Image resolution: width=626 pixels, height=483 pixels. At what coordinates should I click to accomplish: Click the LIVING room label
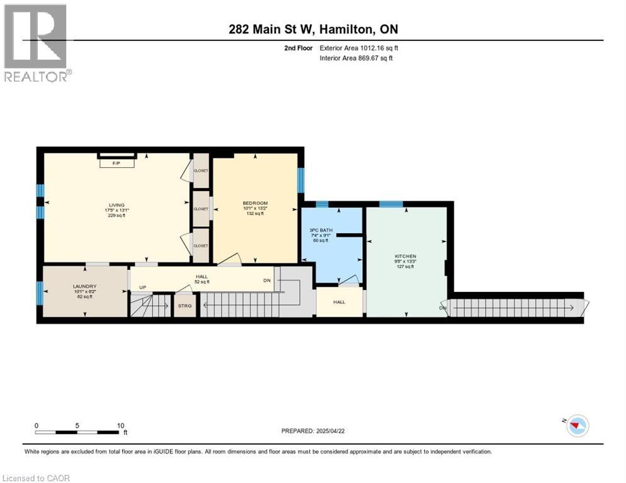click(x=117, y=205)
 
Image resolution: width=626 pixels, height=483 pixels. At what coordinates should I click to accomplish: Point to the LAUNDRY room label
click(x=84, y=286)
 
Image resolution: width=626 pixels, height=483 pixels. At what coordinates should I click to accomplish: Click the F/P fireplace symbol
click(x=116, y=163)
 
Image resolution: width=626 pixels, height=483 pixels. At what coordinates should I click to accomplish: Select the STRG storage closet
click(x=185, y=306)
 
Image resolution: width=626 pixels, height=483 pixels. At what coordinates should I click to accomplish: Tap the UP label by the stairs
click(x=143, y=288)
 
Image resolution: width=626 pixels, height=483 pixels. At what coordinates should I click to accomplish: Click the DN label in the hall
click(x=266, y=281)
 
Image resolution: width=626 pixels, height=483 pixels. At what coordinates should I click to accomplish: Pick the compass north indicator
click(x=576, y=426)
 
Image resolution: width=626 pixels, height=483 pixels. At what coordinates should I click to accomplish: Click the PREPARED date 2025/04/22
click(x=314, y=431)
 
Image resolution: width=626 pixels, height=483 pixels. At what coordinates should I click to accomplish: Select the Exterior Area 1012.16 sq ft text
click(x=359, y=48)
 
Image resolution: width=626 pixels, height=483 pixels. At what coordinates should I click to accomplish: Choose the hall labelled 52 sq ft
click(x=202, y=279)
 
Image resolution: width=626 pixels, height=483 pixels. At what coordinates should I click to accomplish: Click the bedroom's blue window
click(x=300, y=180)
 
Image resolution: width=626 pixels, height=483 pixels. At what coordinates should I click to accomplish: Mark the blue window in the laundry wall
click(x=40, y=292)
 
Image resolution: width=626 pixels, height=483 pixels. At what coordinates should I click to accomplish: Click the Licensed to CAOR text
click(x=37, y=478)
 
